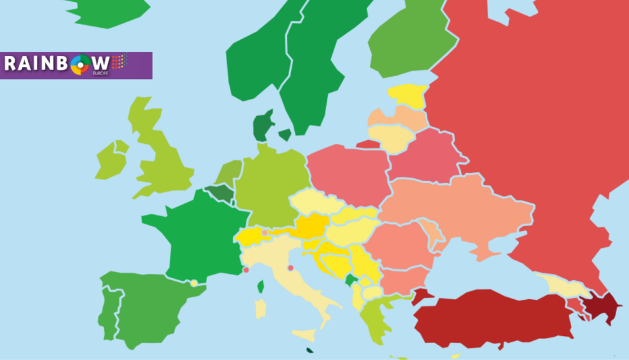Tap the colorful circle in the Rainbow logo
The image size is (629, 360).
(x=80, y=65)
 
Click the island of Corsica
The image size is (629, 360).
(x=260, y=286)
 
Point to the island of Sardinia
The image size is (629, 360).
(x=260, y=308)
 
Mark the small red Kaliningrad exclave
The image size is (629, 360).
(x=368, y=144)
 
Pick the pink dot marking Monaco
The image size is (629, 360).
(x=246, y=270)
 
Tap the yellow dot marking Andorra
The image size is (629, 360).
(x=194, y=283)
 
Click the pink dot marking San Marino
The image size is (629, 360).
(x=291, y=268)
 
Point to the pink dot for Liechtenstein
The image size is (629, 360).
(x=265, y=233)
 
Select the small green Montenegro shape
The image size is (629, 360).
(x=351, y=281)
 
